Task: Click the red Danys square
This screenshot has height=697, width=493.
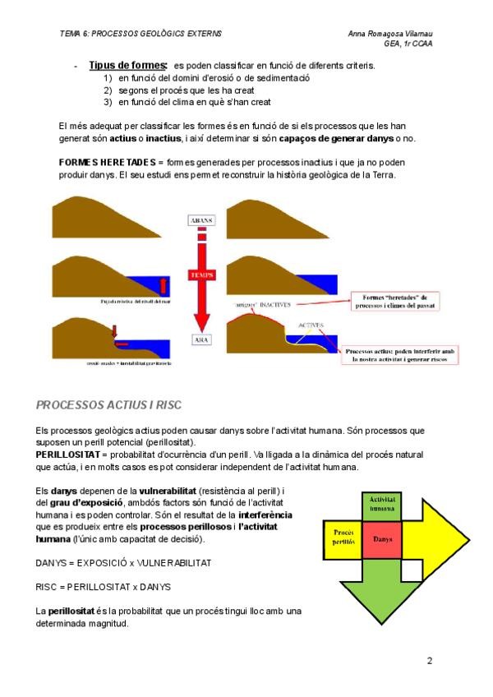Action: point(381,539)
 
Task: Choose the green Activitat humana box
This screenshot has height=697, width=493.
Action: point(381,504)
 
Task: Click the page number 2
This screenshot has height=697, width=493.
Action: point(429,659)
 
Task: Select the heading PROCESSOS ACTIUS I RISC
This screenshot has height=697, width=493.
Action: point(109,404)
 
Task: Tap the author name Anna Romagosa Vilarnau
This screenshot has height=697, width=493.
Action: point(390,34)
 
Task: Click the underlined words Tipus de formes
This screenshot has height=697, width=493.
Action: point(128,65)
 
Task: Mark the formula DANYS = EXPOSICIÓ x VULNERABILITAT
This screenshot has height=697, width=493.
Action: point(124,563)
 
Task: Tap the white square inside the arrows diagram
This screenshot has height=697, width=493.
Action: point(343,504)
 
